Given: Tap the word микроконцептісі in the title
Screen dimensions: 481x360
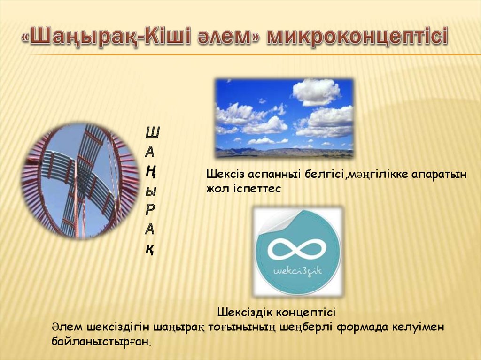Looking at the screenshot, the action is (x=357, y=38).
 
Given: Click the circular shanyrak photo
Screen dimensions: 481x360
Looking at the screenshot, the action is (x=80, y=181).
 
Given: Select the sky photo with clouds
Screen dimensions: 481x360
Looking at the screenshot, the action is (x=284, y=118).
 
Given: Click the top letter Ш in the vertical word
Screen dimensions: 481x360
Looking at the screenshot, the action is (x=152, y=132).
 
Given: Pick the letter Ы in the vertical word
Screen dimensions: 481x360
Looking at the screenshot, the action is (x=151, y=191).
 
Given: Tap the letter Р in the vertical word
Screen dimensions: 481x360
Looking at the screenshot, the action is (x=150, y=210).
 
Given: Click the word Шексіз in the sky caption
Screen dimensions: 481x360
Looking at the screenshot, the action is (x=225, y=174).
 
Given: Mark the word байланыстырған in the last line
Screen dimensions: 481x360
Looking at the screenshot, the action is (x=101, y=341).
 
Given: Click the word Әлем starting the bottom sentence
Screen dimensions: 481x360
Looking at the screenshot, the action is (x=67, y=327).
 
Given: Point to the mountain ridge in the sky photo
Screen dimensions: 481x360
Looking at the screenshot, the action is (x=284, y=152).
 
